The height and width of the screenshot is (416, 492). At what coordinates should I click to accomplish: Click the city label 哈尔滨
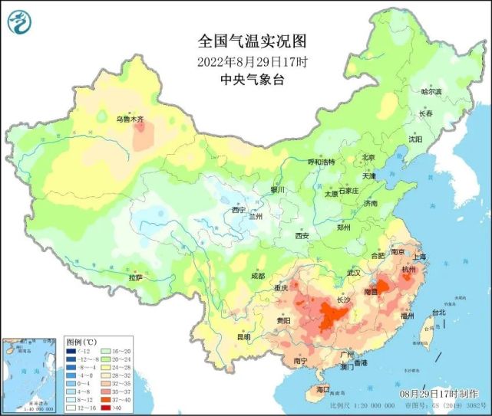tap(432, 91)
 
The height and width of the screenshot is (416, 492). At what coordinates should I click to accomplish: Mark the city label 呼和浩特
tap(322, 162)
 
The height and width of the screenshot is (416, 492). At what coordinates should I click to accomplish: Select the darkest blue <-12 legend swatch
tap(71, 350)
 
